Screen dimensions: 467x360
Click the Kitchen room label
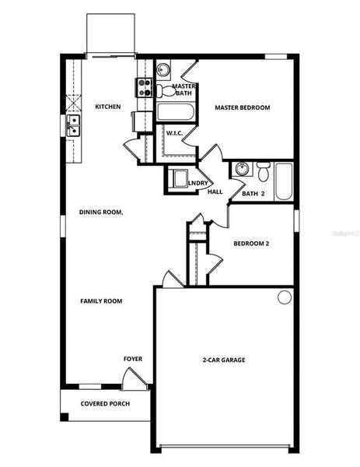(107, 107)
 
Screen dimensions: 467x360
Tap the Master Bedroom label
(242, 107)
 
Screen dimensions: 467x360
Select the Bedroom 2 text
(251, 244)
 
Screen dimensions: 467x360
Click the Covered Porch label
(105, 404)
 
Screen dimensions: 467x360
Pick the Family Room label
(101, 300)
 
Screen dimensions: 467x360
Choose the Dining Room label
(101, 212)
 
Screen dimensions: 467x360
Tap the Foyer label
(133, 359)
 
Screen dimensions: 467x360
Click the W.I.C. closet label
(173, 133)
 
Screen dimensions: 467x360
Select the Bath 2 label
(253, 193)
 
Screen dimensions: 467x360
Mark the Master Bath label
(183, 90)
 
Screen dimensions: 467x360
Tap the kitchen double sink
(73, 125)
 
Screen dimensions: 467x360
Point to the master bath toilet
(165, 92)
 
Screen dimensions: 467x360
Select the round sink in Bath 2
(241, 168)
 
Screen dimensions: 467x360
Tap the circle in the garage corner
(285, 297)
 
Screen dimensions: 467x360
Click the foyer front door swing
(134, 379)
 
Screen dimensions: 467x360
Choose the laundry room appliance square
(178, 178)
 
